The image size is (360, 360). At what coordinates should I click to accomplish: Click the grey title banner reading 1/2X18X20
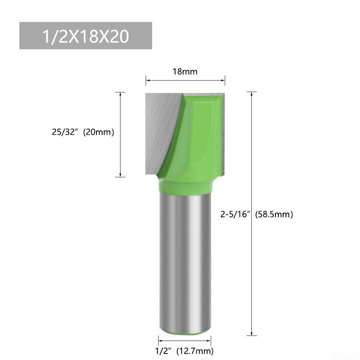[x=86, y=36]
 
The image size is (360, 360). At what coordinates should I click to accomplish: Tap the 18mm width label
[x=185, y=71]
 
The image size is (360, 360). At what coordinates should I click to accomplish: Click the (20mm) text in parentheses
[x=99, y=132]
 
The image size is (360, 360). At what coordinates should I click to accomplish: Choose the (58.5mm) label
[x=274, y=215]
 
